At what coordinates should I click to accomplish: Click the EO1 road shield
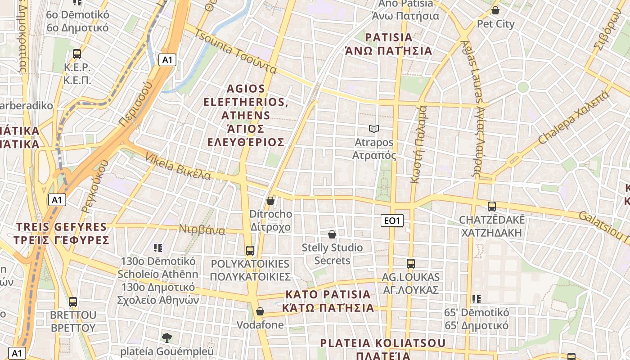(x=392, y=220)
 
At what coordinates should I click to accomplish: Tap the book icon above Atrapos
(x=374, y=129)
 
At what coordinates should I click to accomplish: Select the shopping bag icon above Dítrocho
(x=270, y=201)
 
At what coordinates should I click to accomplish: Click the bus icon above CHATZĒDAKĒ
(x=492, y=207)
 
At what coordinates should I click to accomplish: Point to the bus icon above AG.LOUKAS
(x=410, y=264)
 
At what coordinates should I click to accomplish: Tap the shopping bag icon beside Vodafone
(x=260, y=311)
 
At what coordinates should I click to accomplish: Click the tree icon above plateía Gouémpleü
(x=167, y=337)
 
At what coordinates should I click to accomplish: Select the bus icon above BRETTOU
(x=73, y=302)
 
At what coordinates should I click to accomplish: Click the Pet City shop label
(x=495, y=24)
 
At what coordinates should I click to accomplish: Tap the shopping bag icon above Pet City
(x=495, y=10)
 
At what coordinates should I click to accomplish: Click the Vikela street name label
(x=178, y=166)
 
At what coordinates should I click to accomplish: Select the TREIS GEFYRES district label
(x=62, y=233)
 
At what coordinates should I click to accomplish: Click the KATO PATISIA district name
(x=328, y=301)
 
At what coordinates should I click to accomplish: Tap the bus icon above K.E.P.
(x=77, y=54)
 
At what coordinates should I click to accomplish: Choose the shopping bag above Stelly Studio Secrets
(x=332, y=234)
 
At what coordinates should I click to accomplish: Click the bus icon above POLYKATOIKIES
(x=250, y=251)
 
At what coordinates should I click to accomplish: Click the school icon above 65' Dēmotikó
(x=477, y=299)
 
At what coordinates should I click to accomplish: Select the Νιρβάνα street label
(x=202, y=229)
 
